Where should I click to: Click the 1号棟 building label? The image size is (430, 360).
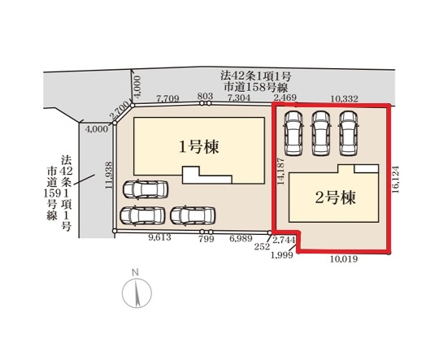[199, 147]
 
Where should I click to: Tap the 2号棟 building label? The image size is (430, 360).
[336, 197]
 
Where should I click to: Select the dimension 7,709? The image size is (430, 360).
[167, 98]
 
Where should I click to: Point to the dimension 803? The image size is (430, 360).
[205, 96]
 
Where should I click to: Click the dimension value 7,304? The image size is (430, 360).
[239, 98]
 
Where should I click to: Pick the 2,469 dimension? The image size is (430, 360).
[285, 98]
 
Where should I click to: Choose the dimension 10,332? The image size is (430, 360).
[344, 98]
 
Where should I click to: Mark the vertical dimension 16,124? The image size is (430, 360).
[395, 180]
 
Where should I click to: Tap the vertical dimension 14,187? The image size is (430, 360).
[280, 171]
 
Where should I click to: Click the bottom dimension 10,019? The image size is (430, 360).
[344, 259]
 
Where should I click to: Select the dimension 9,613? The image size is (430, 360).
[159, 237]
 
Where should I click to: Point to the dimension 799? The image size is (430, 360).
[206, 239]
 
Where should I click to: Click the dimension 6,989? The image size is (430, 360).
[241, 239]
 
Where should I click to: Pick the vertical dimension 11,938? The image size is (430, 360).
[109, 176]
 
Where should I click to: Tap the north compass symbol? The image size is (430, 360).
[137, 292]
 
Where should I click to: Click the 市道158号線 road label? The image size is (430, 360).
[255, 88]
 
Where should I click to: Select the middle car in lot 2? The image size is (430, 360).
[321, 132]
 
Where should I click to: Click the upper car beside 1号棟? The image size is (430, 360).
[146, 189]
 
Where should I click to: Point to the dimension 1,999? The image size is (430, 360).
[281, 255]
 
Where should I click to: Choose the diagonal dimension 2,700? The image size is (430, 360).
[119, 111]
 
